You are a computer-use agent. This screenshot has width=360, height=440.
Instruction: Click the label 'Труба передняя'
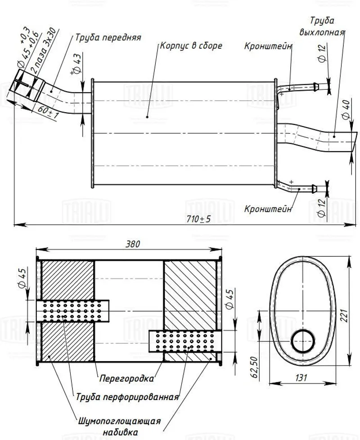click(x=108, y=37)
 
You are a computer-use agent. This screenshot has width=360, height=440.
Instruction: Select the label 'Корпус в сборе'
click(x=191, y=46)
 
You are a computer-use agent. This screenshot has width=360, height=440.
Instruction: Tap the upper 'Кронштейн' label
click(x=269, y=46)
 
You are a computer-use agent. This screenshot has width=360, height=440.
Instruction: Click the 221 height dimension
click(x=355, y=310)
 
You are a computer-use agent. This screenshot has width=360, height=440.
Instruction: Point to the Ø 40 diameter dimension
click(x=346, y=109)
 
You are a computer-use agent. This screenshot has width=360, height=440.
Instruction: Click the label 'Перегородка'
click(x=126, y=378)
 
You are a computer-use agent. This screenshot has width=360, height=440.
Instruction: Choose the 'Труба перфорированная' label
click(x=127, y=397)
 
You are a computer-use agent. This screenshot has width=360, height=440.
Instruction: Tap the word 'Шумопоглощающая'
click(x=119, y=421)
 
